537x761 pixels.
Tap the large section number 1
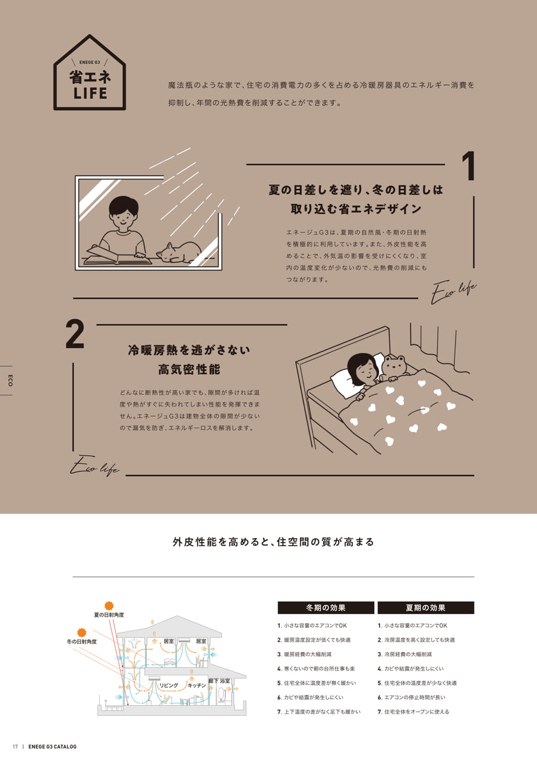coord(469,166)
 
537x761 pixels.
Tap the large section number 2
coord(75,334)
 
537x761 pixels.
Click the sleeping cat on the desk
coord(179,253)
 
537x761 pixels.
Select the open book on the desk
coord(118,256)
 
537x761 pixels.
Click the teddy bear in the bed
coord(394,369)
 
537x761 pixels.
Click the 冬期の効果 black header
coord(326,608)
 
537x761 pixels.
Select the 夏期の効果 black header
coord(426,608)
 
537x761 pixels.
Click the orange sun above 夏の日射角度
coord(109,605)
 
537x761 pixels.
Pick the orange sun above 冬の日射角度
coord(82,632)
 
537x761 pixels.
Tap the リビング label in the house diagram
coord(169,685)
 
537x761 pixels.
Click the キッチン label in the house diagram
coord(197,685)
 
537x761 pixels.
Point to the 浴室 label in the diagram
coord(225,681)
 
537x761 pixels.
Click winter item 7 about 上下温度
coord(319,712)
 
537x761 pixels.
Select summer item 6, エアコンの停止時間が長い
coord(412,697)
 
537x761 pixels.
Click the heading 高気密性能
coord(189,369)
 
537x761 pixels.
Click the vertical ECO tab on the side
coord(10,380)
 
